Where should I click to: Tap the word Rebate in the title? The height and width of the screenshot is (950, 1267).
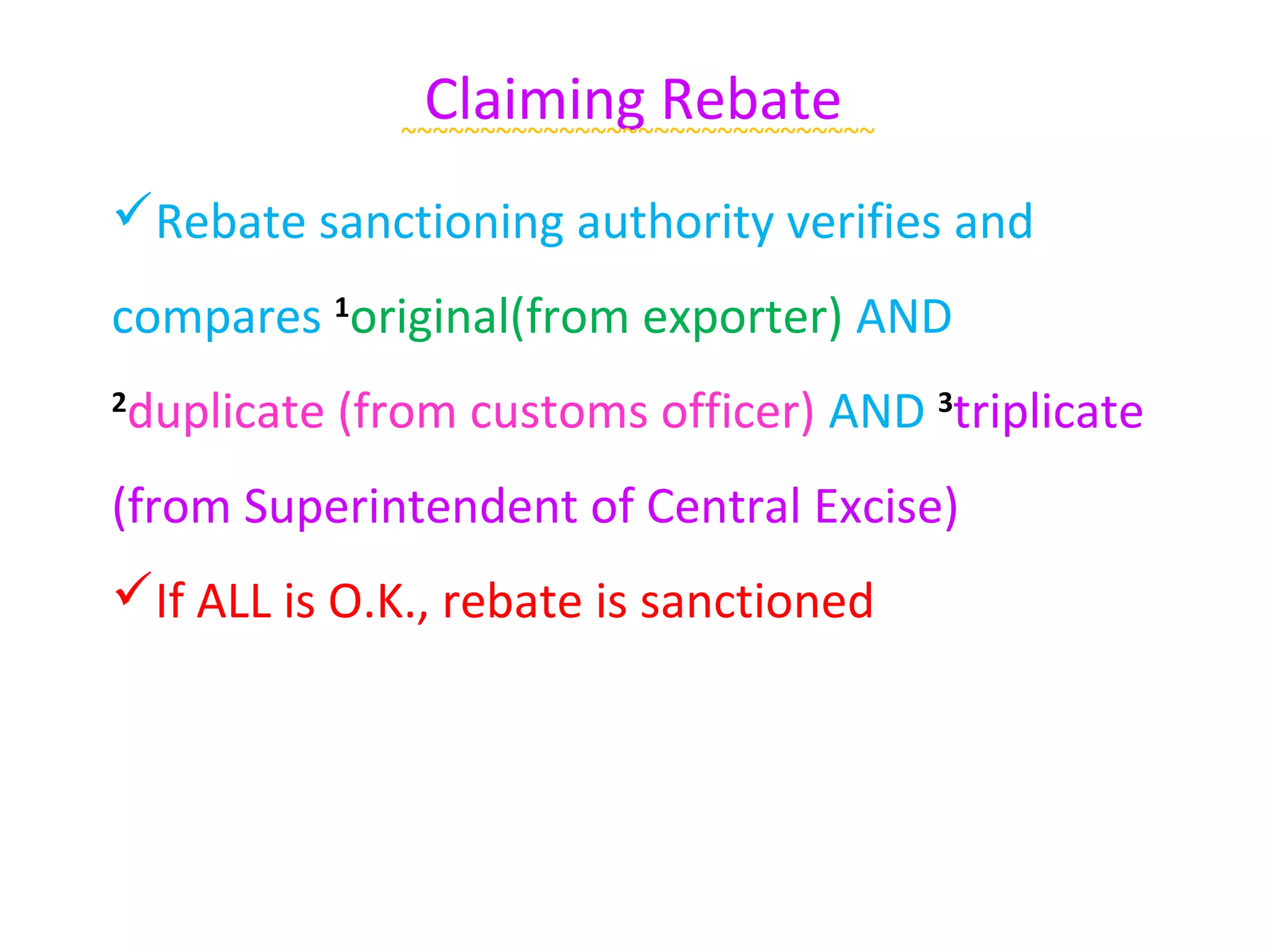point(751,100)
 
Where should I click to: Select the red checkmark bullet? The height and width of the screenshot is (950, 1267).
point(132,589)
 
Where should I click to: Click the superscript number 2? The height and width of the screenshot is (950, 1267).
point(119,403)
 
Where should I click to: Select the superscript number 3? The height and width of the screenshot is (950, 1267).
point(945,403)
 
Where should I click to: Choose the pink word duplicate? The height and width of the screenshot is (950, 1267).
point(226,412)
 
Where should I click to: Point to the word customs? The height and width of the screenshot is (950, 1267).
point(559,412)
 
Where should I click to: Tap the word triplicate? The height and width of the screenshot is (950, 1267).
point(1049,412)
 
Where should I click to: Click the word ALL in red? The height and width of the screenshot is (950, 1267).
point(234,601)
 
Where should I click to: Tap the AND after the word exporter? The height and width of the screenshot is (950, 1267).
point(903,317)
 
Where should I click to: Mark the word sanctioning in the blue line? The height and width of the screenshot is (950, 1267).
point(441,222)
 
